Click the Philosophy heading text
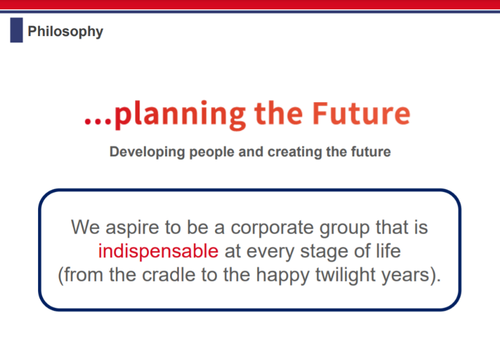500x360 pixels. tap(65, 32)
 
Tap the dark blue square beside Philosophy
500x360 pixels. tap(17, 30)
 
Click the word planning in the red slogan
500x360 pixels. tap(180, 115)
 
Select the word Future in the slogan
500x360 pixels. tap(361, 113)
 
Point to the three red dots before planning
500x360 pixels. tap(98, 121)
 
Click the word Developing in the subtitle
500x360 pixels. tap(147, 152)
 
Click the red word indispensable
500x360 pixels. tap(158, 251)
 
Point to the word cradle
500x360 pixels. tap(168, 275)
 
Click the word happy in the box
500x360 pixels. tap(283, 275)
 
